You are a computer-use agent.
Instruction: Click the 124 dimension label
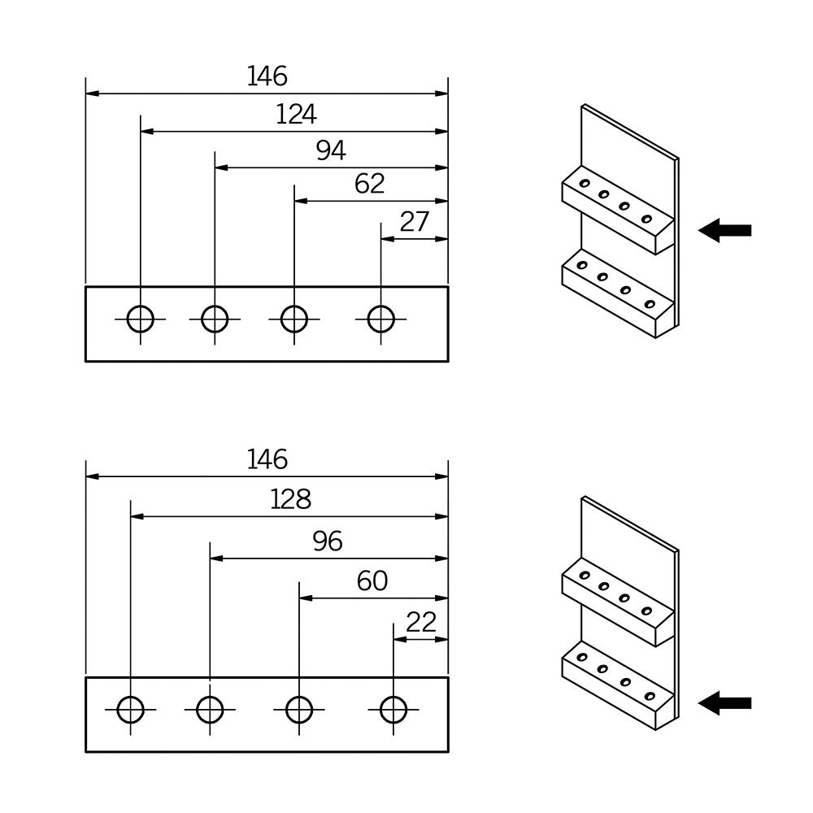296,115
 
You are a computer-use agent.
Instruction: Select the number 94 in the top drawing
331,151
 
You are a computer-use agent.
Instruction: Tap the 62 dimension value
370,184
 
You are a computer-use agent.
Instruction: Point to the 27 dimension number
415,222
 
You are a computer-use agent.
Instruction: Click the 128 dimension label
291,500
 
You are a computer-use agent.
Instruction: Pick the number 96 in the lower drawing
328,541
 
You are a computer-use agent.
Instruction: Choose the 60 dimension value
372,581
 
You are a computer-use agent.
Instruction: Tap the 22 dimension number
421,623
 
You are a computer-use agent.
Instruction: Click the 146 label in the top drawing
267,76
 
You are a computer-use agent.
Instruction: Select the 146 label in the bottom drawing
267,460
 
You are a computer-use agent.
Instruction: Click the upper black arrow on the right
725,230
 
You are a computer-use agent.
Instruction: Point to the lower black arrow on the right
725,703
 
